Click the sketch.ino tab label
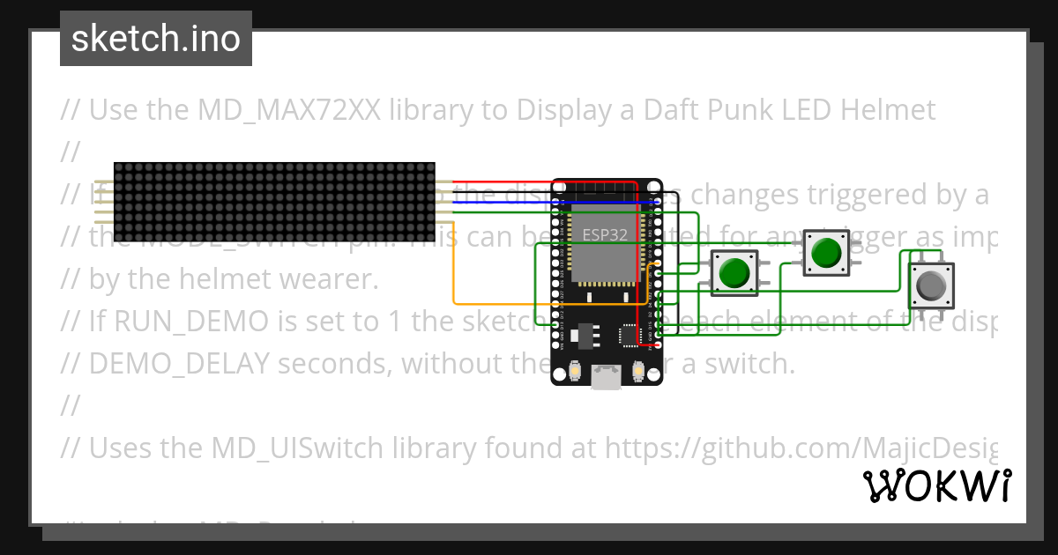click(x=156, y=39)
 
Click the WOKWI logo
click(x=936, y=485)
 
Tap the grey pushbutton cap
click(x=931, y=285)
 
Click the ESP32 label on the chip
click(x=605, y=235)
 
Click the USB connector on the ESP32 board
click(x=607, y=377)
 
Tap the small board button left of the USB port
click(x=575, y=372)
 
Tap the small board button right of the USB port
click(x=638, y=372)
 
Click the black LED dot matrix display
click(x=274, y=202)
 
